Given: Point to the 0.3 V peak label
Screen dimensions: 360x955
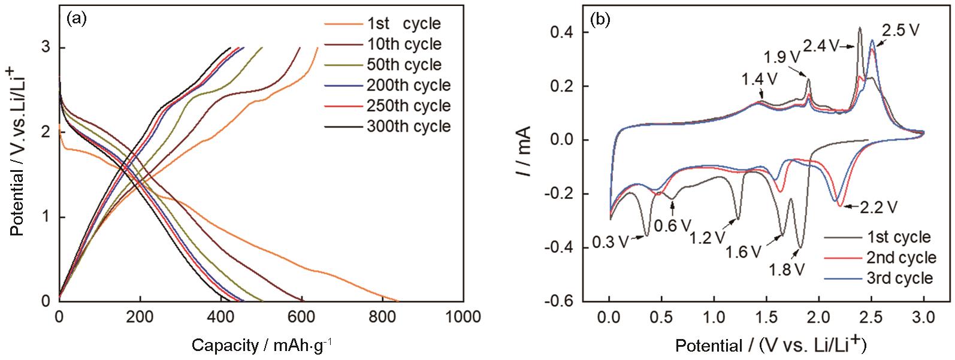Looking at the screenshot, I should tap(610, 242).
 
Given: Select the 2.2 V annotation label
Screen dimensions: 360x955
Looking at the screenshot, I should tap(879, 207).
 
